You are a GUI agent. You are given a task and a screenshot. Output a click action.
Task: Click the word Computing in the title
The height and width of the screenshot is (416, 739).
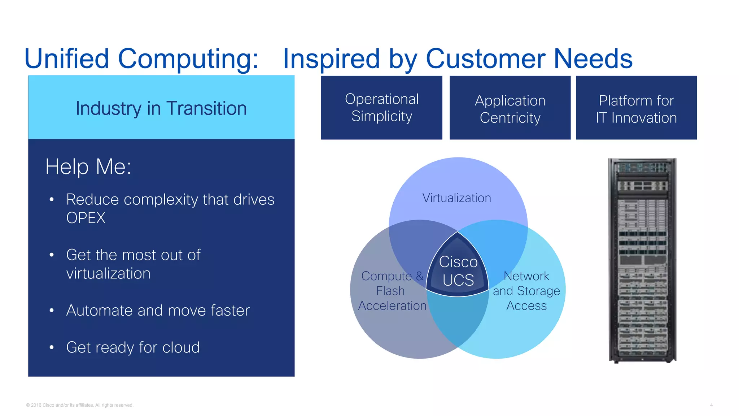click(188, 59)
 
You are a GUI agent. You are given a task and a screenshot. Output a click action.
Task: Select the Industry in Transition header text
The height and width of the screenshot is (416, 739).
click(161, 108)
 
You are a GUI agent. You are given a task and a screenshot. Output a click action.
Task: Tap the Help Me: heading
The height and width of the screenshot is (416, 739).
click(88, 167)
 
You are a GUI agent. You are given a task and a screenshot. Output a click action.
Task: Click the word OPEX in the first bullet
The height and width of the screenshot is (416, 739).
click(86, 218)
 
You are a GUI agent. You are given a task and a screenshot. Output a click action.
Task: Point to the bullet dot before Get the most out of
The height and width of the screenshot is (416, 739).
click(52, 255)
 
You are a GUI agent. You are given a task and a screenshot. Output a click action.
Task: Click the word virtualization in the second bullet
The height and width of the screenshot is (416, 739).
click(108, 274)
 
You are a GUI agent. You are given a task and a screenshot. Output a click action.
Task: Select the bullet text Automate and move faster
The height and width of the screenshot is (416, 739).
click(158, 311)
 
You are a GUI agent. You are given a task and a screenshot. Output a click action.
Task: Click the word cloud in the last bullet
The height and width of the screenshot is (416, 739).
click(181, 347)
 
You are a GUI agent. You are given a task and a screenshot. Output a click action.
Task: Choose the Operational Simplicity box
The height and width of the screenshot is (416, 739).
click(381, 108)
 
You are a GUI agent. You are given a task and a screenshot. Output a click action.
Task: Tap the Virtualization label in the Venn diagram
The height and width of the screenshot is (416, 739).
click(456, 198)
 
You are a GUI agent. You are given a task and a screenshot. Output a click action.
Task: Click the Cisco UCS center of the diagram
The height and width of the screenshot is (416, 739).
click(458, 271)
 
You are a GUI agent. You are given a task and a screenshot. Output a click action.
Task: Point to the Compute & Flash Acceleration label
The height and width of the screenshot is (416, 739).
click(392, 291)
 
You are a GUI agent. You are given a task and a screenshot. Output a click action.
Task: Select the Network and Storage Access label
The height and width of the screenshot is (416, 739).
click(526, 291)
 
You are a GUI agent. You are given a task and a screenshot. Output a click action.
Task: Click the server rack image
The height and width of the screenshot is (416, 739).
click(642, 260)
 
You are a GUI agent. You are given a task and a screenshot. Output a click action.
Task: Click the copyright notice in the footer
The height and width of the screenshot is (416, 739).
click(80, 405)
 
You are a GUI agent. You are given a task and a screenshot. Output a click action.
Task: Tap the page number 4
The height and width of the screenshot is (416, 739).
click(711, 405)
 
